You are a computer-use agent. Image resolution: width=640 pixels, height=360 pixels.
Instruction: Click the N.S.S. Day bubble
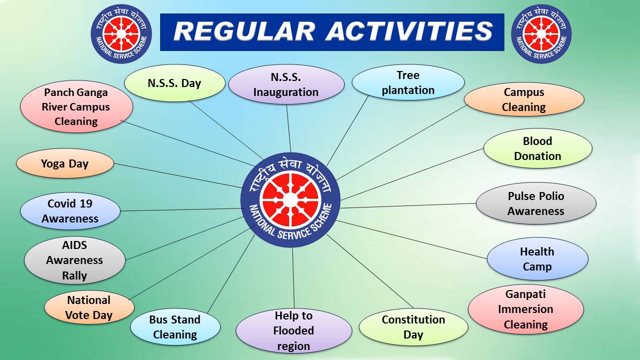tap(175, 83)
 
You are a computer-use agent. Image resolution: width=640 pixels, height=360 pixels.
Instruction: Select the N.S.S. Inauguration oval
tap(286, 84)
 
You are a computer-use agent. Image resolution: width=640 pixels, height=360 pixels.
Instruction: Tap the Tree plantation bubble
tap(408, 82)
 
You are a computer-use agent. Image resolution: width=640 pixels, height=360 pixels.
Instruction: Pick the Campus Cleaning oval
tap(524, 99)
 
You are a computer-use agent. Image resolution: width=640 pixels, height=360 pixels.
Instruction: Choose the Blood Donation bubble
tap(538, 148)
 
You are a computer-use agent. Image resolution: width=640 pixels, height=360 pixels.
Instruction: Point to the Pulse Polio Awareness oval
tap(536, 203)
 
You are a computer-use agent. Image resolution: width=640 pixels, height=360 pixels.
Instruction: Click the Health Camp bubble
tap(537, 258)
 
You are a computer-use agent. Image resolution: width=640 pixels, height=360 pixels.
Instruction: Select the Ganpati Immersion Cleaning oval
tap(526, 309)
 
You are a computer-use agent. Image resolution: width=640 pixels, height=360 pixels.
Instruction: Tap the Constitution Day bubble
tap(413, 327)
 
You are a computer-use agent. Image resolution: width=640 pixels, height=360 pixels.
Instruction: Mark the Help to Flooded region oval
tap(294, 330)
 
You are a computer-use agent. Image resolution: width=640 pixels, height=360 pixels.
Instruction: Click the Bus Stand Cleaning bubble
tap(175, 327)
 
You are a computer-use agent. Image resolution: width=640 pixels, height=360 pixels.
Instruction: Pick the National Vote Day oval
tap(89, 307)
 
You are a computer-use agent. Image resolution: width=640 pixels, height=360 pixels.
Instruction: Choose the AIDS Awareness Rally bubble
tap(75, 260)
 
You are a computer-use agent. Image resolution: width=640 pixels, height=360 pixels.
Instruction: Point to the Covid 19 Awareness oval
tap(70, 211)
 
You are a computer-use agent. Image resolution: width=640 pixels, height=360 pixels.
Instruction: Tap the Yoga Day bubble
tap(65, 163)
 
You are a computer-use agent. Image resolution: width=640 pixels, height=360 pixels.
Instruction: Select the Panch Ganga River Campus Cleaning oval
tap(76, 106)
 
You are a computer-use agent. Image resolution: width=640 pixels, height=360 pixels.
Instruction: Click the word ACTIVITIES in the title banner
tap(409, 31)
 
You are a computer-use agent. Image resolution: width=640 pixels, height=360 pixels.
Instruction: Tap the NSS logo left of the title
tap(121, 33)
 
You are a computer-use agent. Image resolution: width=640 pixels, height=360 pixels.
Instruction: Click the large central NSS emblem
tap(290, 200)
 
